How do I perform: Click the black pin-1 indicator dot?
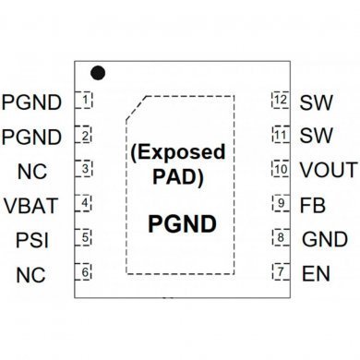click(97, 72)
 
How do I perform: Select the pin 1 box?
click(85, 100)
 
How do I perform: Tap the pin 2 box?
click(85, 135)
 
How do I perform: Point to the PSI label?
click(33, 240)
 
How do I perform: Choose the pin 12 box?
click(281, 100)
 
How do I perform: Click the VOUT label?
click(328, 170)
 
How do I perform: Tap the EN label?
click(315, 274)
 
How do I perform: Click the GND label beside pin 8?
click(325, 240)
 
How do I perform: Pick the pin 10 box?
click(281, 169)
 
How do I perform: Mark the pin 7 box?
click(281, 272)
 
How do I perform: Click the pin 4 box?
click(85, 203)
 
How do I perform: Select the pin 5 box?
click(85, 238)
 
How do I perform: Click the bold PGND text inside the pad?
click(183, 224)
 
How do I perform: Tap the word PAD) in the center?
click(179, 175)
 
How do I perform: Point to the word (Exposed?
click(177, 150)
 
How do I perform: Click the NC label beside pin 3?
click(31, 171)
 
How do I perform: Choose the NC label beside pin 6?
click(31, 274)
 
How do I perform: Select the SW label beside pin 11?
click(317, 136)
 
